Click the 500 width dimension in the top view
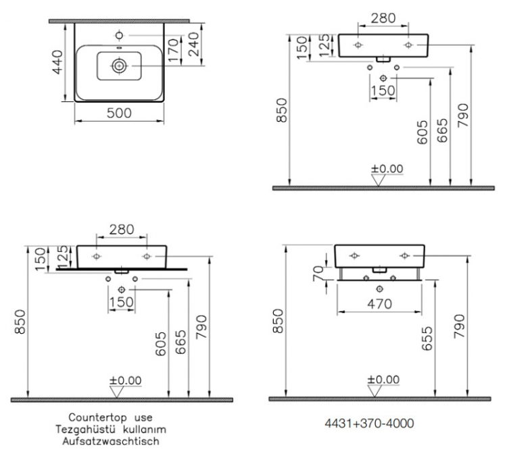coord(119,113)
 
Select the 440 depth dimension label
coord(57,62)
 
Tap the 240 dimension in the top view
coord(193,45)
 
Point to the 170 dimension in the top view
coord(173,51)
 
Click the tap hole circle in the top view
coord(119,35)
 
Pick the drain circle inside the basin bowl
coord(119,66)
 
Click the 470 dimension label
coord(380,304)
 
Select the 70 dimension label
coord(318,274)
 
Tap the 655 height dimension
coord(427,338)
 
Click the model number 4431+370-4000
coord(369,423)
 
